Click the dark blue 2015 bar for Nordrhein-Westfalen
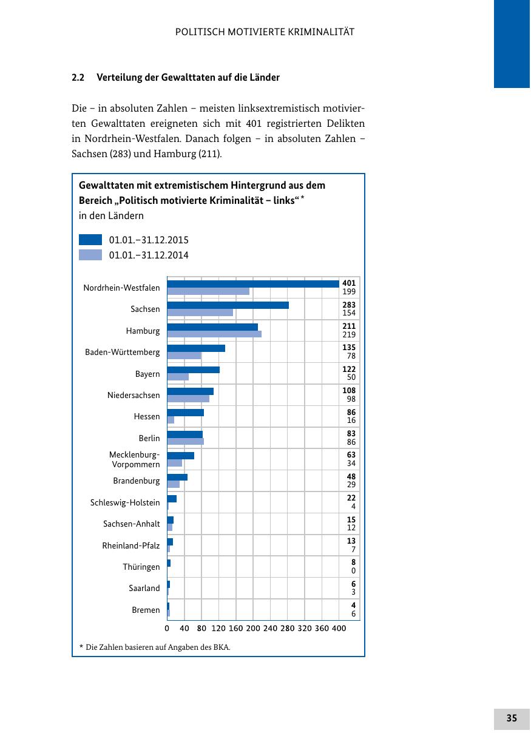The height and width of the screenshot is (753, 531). (253, 283)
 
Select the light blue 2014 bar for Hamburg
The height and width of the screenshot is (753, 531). (214, 334)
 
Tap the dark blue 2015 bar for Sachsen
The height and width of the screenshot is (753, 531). (228, 305)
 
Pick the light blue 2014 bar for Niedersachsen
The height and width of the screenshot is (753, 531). (188, 399)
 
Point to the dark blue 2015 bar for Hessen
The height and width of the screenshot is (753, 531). (185, 413)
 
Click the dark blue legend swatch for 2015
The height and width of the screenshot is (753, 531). (90, 240)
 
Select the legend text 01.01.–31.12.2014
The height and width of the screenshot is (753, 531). (149, 255)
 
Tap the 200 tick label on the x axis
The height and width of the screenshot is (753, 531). (253, 629)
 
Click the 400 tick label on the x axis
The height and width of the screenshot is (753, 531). (339, 629)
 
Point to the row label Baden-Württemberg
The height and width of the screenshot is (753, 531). (123, 352)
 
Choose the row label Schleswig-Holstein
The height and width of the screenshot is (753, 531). (125, 502)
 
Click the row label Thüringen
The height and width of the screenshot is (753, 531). (141, 567)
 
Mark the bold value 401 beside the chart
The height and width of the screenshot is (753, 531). (349, 283)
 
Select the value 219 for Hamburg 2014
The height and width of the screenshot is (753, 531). (349, 335)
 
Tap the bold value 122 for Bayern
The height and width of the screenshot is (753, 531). (349, 369)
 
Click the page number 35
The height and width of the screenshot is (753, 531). (512, 718)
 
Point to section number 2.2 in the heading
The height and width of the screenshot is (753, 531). (78, 78)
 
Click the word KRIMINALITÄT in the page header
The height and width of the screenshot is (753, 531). (317, 32)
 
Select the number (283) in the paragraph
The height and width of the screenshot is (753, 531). (120, 154)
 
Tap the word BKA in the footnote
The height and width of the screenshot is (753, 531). (222, 647)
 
